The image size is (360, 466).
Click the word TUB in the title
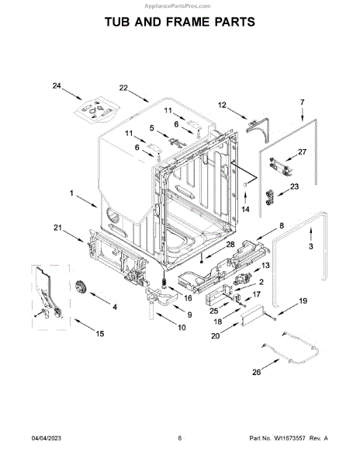(117, 22)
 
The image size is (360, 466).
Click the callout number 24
(57, 86)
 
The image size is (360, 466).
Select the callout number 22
(123, 88)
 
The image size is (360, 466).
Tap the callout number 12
(222, 105)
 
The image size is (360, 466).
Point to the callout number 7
(302, 103)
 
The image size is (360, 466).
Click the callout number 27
(302, 152)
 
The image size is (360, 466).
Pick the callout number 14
(245, 209)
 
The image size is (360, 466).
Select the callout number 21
(58, 228)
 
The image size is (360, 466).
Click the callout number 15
(100, 334)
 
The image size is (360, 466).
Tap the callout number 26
(256, 372)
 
